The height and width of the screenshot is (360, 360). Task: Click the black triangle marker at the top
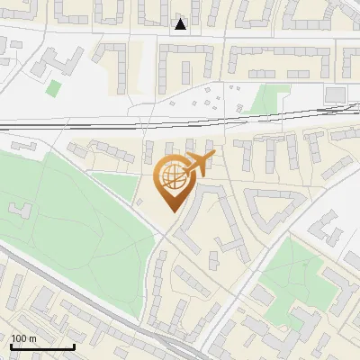click(181, 24)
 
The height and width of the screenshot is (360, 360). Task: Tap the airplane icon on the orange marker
click(200, 165)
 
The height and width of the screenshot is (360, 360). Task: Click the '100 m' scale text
click(23, 337)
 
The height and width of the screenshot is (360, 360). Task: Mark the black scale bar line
click(42, 346)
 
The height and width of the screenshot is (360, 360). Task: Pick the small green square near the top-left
click(54, 88)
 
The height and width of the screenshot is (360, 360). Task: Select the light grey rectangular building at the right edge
click(335, 94)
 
